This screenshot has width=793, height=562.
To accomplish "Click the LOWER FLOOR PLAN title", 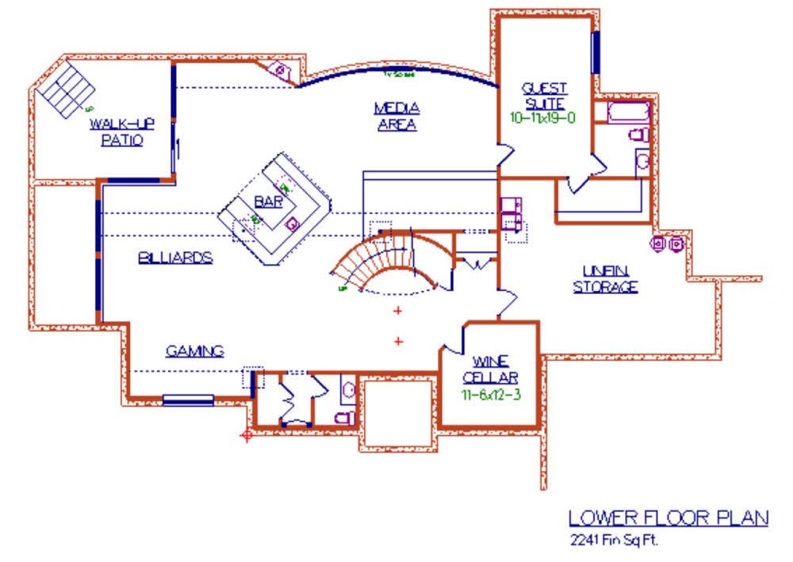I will (x=668, y=518).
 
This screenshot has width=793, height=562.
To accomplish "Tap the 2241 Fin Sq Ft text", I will (x=614, y=541).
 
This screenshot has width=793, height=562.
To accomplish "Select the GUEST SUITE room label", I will (x=543, y=94).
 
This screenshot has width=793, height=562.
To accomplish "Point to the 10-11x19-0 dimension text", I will (x=543, y=117).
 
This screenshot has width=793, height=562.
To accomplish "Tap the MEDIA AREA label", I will (x=397, y=116).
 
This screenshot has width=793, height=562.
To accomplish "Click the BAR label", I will (x=269, y=202).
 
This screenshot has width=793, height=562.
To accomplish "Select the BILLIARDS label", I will (x=175, y=258).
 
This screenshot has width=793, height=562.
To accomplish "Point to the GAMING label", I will (x=194, y=350).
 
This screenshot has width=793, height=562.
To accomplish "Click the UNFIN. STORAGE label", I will (x=605, y=278).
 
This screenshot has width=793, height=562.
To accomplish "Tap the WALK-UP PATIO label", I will (x=121, y=132).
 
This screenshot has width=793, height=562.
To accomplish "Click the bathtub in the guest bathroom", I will (x=628, y=112).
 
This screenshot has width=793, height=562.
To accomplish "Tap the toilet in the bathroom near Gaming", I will (x=344, y=417).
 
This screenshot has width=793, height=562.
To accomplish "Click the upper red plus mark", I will (x=398, y=311).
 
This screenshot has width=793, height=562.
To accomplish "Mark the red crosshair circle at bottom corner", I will (x=247, y=434).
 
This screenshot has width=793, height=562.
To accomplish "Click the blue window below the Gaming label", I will (x=188, y=400).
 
